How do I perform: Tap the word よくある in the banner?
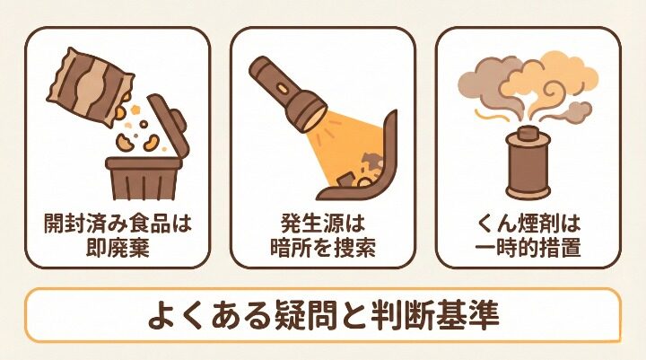pyautogui.click(x=191, y=317)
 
